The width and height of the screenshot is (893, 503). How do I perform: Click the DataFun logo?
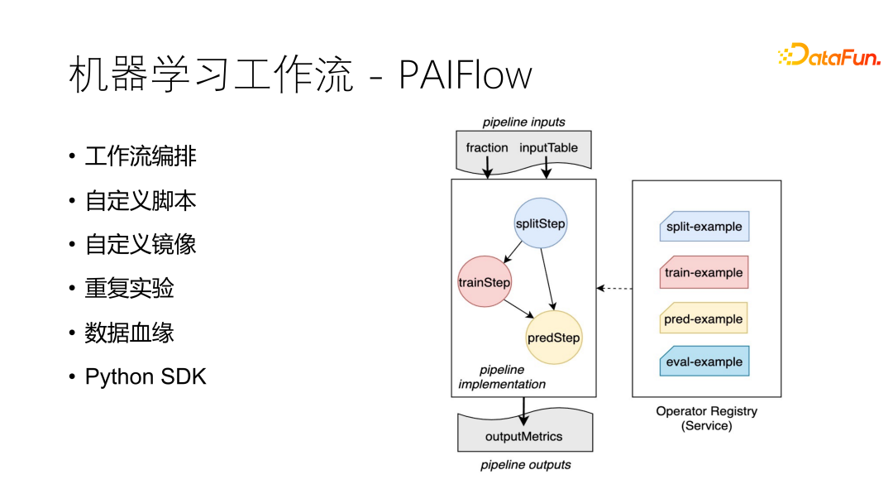tap(829, 55)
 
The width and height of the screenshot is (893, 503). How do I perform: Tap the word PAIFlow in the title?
tap(466, 74)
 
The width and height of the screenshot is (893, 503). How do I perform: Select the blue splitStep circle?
tap(541, 223)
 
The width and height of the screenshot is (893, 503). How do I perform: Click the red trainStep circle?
tap(485, 281)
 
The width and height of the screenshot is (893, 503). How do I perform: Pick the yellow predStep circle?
tap(554, 338)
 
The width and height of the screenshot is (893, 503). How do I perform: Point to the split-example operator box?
tap(704, 226)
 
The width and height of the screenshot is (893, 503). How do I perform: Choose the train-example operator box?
tap(704, 272)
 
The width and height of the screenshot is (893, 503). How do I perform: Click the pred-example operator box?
tap(704, 319)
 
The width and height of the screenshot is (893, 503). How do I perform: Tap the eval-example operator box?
tap(704, 362)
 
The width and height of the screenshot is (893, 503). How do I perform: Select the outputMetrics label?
tap(524, 436)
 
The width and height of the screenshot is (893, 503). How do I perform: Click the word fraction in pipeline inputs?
tap(487, 147)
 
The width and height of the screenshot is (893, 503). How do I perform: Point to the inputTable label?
tap(548, 148)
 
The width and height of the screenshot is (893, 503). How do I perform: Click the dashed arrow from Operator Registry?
tap(614, 288)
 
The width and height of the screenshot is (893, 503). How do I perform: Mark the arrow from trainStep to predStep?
tap(518, 309)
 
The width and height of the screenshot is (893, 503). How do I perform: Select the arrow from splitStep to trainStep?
tap(513, 251)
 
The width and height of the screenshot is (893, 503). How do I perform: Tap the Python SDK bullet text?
tap(146, 376)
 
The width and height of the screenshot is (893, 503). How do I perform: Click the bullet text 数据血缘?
tap(129, 333)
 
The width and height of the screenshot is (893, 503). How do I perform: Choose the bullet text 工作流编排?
tap(141, 156)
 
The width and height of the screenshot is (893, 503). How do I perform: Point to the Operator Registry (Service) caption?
tap(707, 418)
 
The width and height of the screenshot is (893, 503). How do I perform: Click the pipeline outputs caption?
tap(526, 465)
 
